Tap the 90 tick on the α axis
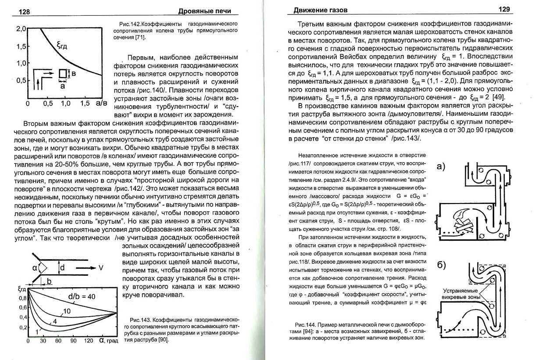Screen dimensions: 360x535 coord(74,341)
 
